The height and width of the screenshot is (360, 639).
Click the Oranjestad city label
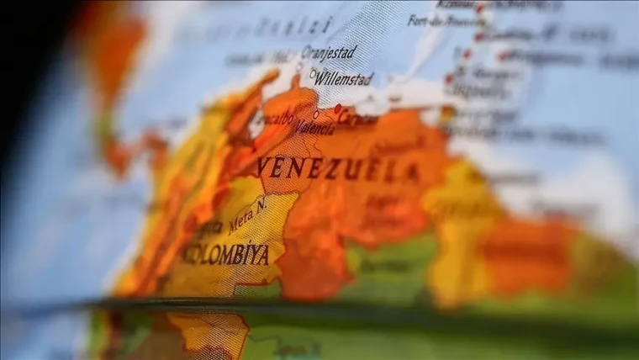tap(329, 52)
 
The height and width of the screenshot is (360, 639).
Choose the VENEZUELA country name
tap(339, 168)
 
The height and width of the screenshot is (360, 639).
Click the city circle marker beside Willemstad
tap(313, 74)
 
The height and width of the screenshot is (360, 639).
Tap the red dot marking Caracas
tap(337, 109)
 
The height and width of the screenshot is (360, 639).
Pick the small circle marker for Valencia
tap(316, 114)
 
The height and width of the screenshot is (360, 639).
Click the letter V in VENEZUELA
tap(266, 165)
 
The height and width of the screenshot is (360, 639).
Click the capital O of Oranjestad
tap(306, 52)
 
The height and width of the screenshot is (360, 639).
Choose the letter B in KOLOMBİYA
tap(224, 254)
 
